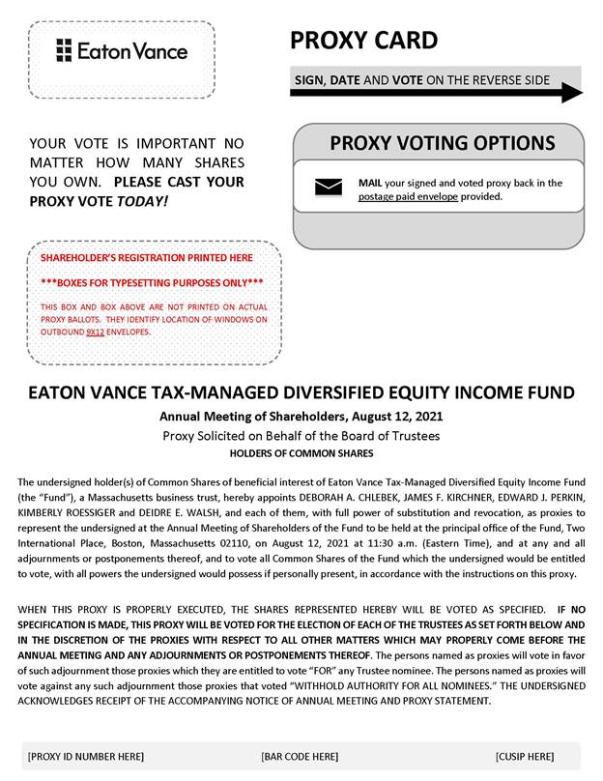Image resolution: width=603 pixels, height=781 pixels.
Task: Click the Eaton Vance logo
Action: (122, 50)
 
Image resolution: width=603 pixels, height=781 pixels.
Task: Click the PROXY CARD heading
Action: (363, 41)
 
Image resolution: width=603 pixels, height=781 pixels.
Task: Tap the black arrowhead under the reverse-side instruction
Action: (571, 94)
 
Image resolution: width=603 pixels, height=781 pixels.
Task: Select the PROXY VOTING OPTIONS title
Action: (443, 144)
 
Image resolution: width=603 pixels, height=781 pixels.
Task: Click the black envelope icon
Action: (329, 188)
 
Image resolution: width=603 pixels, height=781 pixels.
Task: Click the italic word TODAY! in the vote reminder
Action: (141, 201)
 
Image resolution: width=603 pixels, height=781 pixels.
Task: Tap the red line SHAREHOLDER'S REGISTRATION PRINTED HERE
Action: (146, 258)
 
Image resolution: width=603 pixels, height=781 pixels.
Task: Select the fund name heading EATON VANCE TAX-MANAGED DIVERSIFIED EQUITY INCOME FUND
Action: (301, 393)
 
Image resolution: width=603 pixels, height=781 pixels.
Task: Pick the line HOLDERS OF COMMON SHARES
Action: (301, 452)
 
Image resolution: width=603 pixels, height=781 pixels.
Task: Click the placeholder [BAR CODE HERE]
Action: (300, 756)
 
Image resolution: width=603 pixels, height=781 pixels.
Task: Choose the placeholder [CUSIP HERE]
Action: (525, 756)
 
